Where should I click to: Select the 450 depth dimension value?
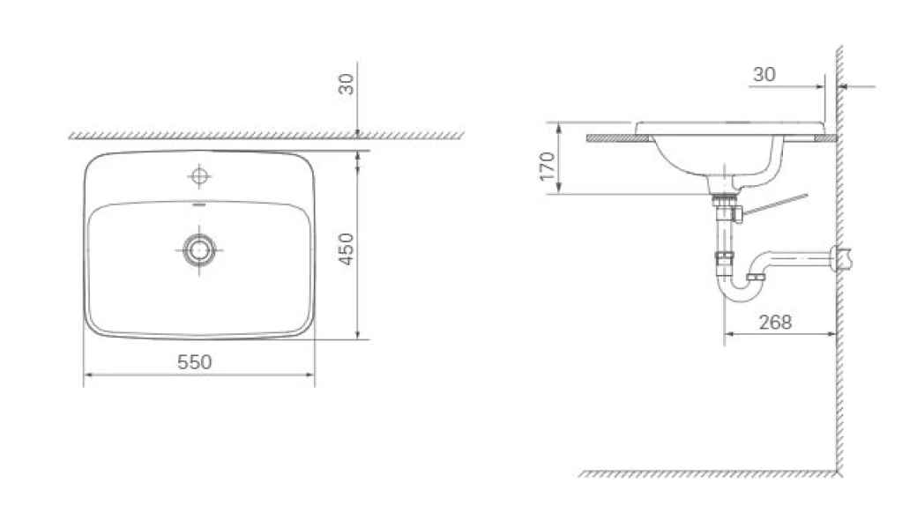[x=346, y=249]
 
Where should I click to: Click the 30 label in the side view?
[x=764, y=75]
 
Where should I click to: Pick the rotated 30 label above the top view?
[x=347, y=85]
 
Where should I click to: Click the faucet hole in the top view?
[x=200, y=177]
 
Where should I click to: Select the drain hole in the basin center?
[x=200, y=249]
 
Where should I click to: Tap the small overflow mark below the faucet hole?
[x=200, y=203]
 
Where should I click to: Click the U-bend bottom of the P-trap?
[x=739, y=296]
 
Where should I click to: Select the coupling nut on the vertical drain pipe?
[x=725, y=258]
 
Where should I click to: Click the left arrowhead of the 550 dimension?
[x=87, y=375]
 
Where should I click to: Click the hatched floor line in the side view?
[x=705, y=473]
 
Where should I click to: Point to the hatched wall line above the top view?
[x=265, y=135]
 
